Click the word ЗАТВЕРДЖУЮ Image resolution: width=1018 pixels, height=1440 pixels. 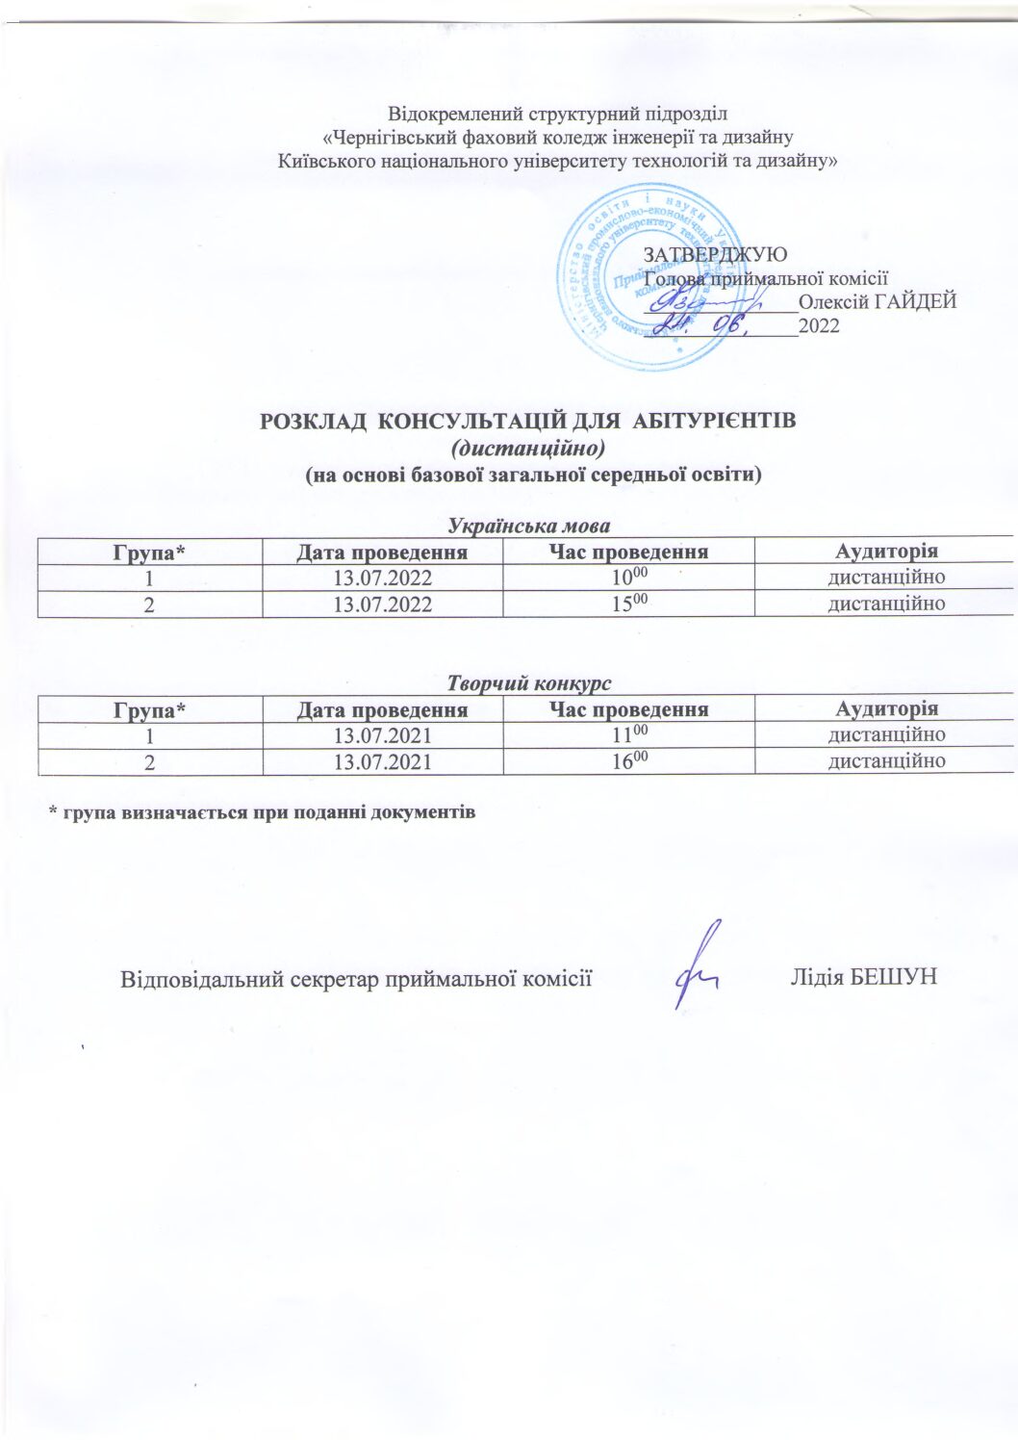click(714, 254)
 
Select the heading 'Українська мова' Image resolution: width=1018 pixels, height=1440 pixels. click(529, 526)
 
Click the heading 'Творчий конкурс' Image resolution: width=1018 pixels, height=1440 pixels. click(529, 683)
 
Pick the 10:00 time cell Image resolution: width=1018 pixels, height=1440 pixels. click(629, 578)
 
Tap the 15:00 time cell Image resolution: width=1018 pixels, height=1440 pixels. click(629, 604)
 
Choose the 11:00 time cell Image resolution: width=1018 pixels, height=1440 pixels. click(629, 735)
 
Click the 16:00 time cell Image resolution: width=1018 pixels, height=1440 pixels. click(629, 761)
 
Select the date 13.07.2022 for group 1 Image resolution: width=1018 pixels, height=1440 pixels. click(382, 579)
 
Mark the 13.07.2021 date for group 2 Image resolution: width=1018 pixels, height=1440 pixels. click(382, 762)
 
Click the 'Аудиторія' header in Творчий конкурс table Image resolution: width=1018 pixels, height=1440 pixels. click(886, 709)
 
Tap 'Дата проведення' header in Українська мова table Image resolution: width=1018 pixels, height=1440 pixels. click(382, 553)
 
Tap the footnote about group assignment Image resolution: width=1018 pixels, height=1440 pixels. click(263, 811)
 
